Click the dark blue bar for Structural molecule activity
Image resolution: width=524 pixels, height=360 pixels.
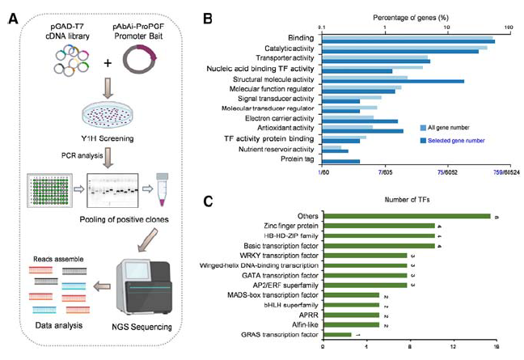pyautogui.click(x=393, y=81)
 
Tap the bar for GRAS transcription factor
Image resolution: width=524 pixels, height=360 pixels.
pyautogui.click(x=337, y=334)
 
